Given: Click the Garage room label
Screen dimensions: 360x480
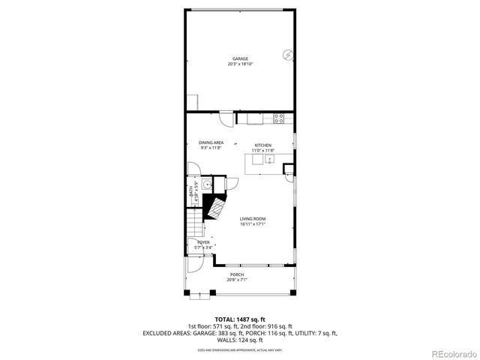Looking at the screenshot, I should click(x=240, y=58).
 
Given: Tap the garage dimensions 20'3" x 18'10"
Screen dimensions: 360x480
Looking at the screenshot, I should click(x=240, y=64).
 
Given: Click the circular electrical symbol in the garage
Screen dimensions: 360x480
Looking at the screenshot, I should click(x=289, y=55).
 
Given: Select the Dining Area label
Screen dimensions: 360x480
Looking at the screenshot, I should click(x=211, y=142).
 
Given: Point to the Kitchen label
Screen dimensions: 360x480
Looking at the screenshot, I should click(x=262, y=145).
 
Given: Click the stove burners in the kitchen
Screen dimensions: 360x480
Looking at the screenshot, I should click(x=279, y=117).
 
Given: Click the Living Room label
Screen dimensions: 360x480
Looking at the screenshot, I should click(x=253, y=219).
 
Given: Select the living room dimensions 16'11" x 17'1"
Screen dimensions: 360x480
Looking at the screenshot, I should click(x=253, y=224).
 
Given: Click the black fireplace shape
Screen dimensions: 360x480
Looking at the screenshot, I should click(x=217, y=206).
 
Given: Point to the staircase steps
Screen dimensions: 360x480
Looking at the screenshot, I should click(x=195, y=225).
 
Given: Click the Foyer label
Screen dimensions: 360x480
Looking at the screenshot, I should click(x=203, y=243).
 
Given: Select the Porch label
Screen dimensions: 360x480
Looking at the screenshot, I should click(x=237, y=274).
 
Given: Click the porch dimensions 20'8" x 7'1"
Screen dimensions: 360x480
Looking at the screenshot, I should click(x=237, y=280).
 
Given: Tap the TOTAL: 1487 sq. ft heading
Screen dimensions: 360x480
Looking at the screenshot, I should click(x=239, y=319).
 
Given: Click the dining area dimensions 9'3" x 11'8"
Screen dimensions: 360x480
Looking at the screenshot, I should click(x=211, y=148).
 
